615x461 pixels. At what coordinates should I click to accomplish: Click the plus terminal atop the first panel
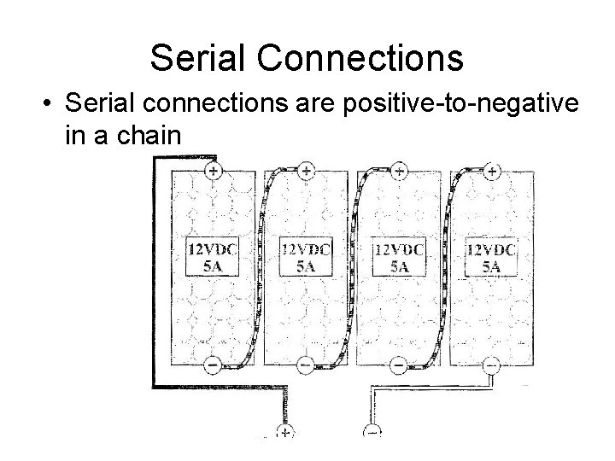click(213, 171)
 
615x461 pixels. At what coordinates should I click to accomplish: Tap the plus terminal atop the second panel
click(306, 171)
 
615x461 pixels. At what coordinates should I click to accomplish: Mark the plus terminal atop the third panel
click(399, 171)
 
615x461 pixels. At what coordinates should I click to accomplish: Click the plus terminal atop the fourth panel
click(492, 171)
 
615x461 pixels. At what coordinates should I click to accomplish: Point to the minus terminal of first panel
click(213, 365)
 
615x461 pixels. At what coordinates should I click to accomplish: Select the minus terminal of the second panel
click(306, 365)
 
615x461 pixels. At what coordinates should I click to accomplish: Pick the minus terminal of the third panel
click(399, 365)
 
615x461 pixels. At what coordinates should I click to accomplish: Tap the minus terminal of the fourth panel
click(492, 365)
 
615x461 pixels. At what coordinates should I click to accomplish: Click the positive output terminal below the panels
click(284, 433)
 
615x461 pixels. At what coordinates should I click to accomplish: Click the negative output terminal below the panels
click(372, 433)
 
